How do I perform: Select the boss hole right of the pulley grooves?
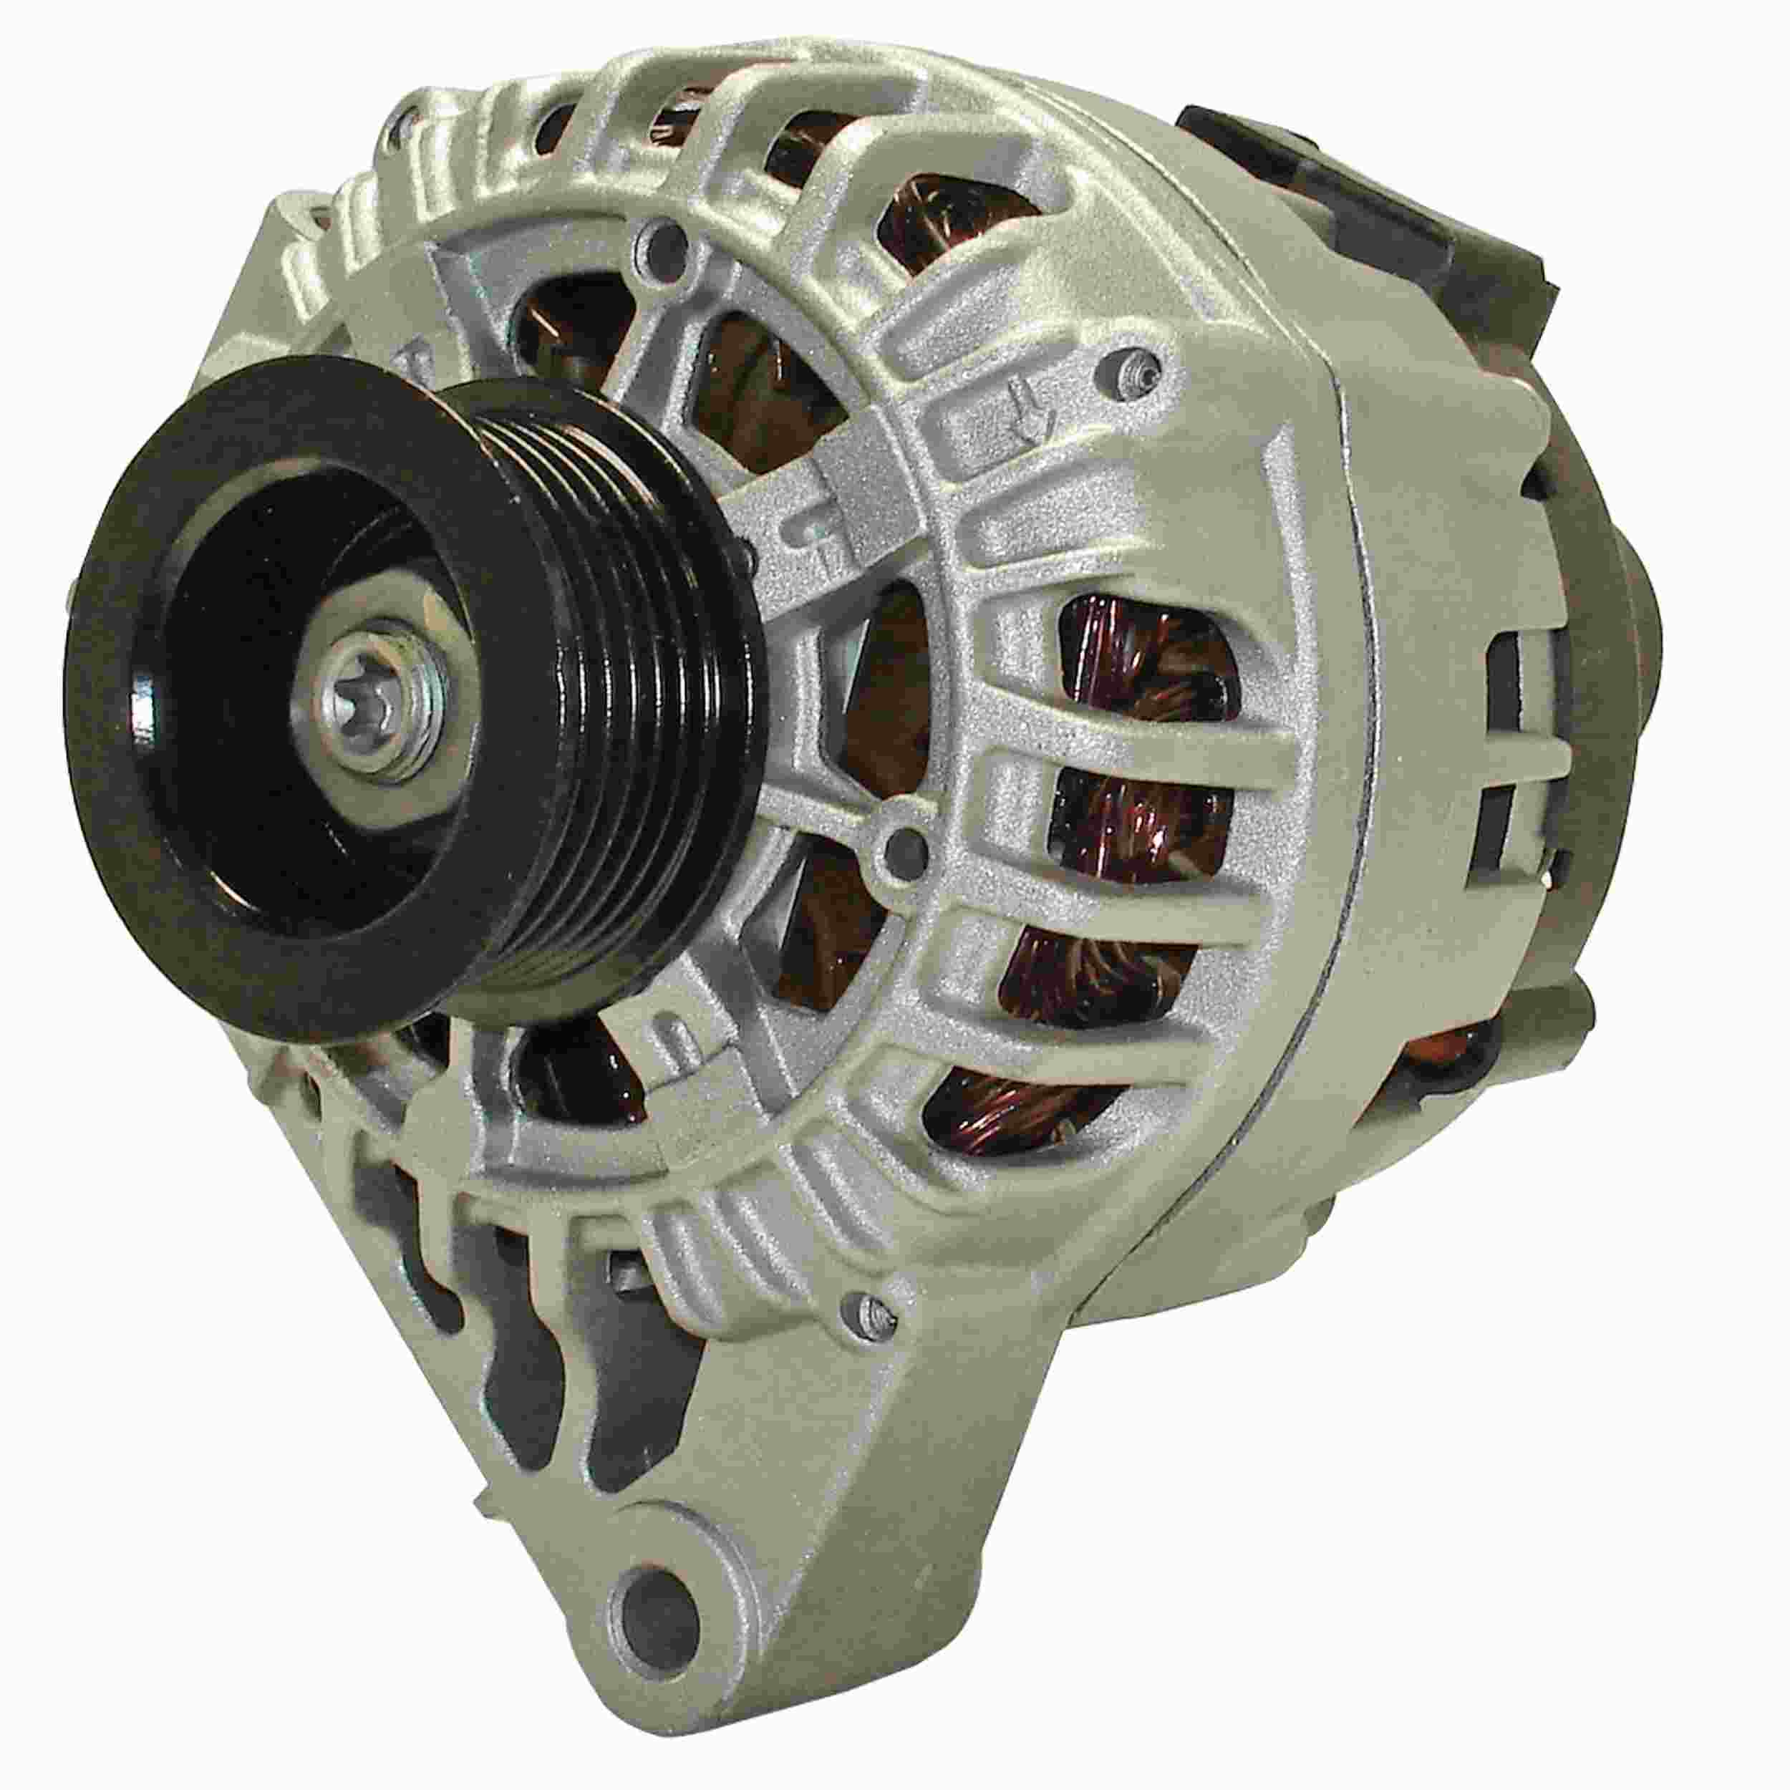click(x=904, y=845)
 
